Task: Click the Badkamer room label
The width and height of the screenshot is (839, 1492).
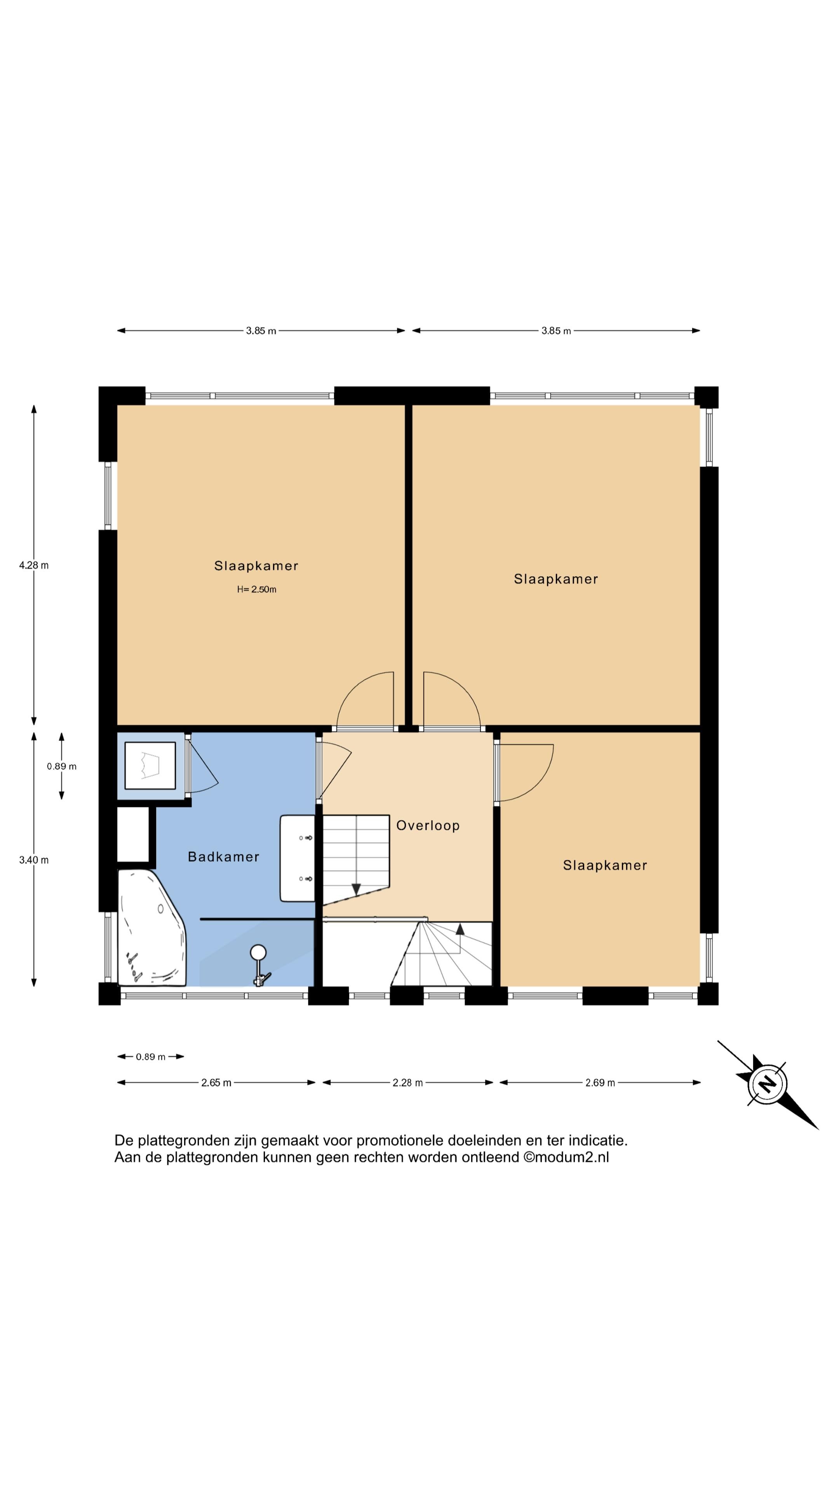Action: pyautogui.click(x=223, y=857)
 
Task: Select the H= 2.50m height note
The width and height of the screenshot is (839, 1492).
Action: pyautogui.click(x=256, y=590)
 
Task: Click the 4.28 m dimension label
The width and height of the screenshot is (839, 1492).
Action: pyautogui.click(x=33, y=565)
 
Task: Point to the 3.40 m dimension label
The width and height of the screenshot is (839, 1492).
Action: pyautogui.click(x=33, y=860)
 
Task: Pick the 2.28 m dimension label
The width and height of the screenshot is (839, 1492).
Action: pyautogui.click(x=407, y=1082)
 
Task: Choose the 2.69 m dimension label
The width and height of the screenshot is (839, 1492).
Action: pyautogui.click(x=600, y=1082)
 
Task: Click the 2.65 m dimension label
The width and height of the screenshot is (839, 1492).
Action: pyautogui.click(x=216, y=1082)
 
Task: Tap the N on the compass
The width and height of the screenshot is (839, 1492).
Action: pyautogui.click(x=767, y=1083)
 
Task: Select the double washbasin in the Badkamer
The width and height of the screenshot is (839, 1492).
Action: pyautogui.click(x=298, y=858)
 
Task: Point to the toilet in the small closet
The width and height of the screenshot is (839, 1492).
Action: pyautogui.click(x=150, y=765)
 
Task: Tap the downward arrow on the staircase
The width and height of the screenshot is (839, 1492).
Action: pyautogui.click(x=356, y=889)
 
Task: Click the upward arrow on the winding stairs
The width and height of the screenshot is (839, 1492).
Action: pyautogui.click(x=460, y=929)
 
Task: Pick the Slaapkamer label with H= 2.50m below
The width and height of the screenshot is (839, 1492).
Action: pyautogui.click(x=256, y=566)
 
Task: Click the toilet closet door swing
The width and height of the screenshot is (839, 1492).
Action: pyautogui.click(x=204, y=766)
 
